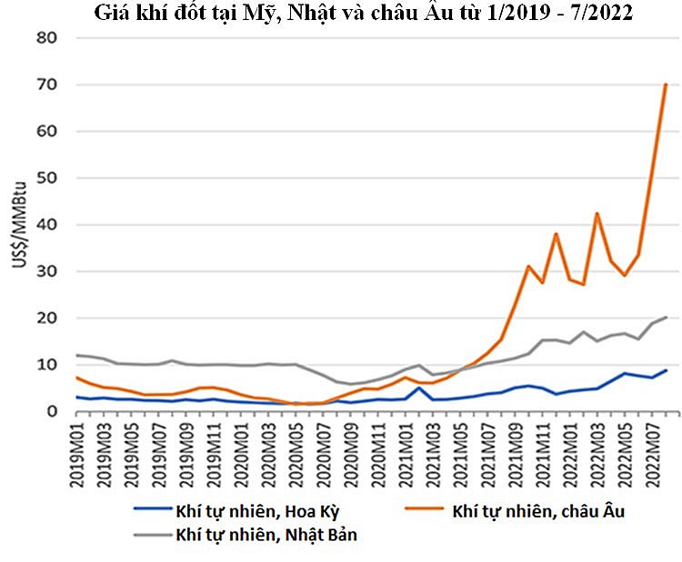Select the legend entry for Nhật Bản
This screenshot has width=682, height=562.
(266, 535)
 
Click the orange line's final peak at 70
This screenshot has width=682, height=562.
(666, 85)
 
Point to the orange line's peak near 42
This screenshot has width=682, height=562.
(597, 214)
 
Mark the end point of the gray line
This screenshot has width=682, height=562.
(666, 317)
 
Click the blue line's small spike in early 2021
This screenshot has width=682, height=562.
(418, 388)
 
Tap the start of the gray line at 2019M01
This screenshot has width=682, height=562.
(78, 356)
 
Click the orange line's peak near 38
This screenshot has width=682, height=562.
(556, 234)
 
